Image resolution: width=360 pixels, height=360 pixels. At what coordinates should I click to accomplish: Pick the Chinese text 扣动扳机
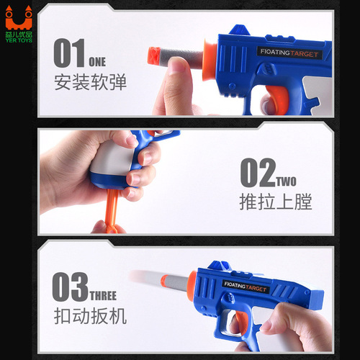[x=90, y=316]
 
